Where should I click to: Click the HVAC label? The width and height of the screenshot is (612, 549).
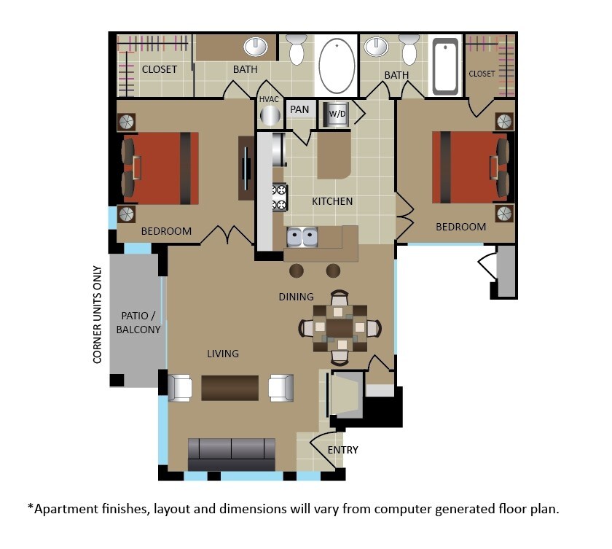pyautogui.click(x=269, y=99)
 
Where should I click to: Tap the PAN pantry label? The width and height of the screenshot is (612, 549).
pyautogui.click(x=299, y=109)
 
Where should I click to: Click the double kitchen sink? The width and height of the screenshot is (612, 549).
pyautogui.click(x=302, y=237)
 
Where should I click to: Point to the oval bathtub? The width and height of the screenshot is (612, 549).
pyautogui.click(x=337, y=66)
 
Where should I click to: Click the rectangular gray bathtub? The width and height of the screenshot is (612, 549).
pyautogui.click(x=445, y=66)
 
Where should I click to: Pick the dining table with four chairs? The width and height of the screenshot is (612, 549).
pyautogui.click(x=340, y=327)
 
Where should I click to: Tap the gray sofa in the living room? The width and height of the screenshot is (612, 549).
pyautogui.click(x=232, y=454)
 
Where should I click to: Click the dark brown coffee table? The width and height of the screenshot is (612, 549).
pyautogui.click(x=230, y=388)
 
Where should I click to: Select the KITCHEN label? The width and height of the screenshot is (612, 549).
pyautogui.click(x=332, y=201)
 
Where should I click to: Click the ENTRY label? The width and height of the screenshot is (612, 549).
pyautogui.click(x=342, y=450)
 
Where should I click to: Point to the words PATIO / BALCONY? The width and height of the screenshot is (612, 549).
pyautogui.click(x=138, y=322)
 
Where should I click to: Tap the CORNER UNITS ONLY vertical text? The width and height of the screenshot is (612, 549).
pyautogui.click(x=97, y=314)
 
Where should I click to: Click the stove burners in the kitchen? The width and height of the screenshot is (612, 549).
pyautogui.click(x=280, y=198)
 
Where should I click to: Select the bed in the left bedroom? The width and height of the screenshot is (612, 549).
pyautogui.click(x=160, y=168)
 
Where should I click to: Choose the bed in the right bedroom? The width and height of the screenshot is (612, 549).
pyautogui.click(x=471, y=167)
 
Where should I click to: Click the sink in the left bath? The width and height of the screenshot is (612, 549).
pyautogui.click(x=256, y=47)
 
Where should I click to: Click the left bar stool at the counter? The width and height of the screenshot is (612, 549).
pyautogui.click(x=297, y=270)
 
